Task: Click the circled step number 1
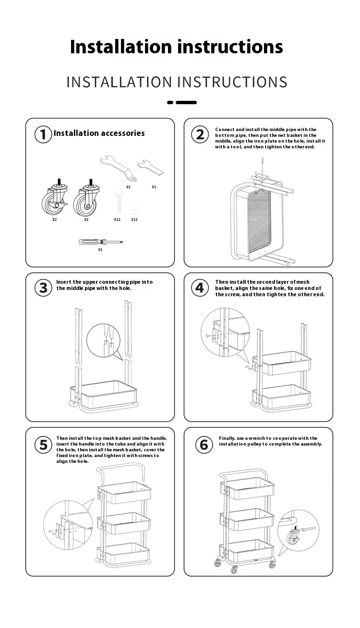[x=43, y=134]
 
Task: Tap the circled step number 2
[x=200, y=134]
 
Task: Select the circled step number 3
[x=43, y=288]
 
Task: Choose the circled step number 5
[x=43, y=445]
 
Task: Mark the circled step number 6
[x=204, y=445]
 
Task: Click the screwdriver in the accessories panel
[x=100, y=242]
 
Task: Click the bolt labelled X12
[x=117, y=202]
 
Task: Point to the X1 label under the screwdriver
[x=100, y=250]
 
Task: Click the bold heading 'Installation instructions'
[x=176, y=47]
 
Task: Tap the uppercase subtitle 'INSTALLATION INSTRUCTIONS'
[x=177, y=82]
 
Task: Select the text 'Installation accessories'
[x=99, y=133]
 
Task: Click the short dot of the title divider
[x=170, y=102]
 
